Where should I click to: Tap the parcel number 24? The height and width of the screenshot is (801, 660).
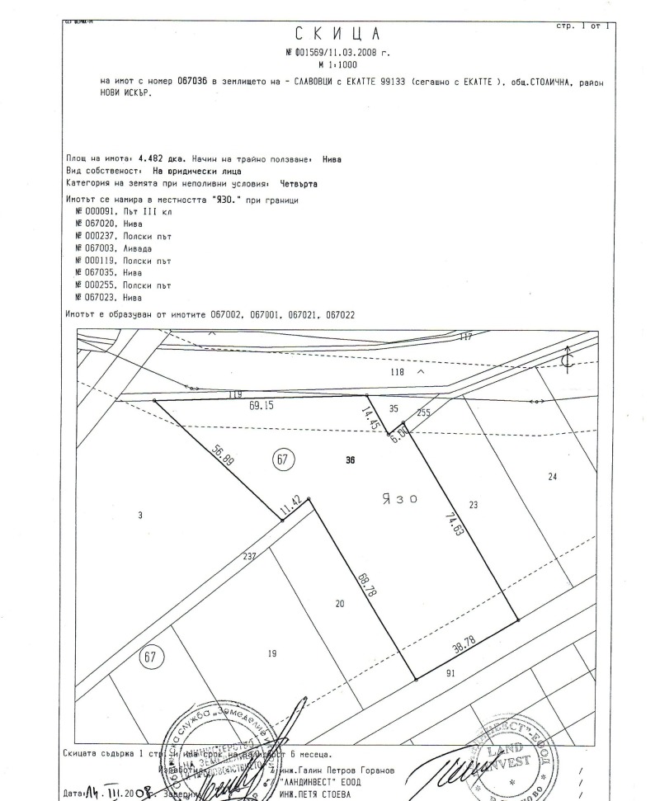click(553, 476)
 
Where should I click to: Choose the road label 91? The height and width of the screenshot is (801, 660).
click(449, 673)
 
